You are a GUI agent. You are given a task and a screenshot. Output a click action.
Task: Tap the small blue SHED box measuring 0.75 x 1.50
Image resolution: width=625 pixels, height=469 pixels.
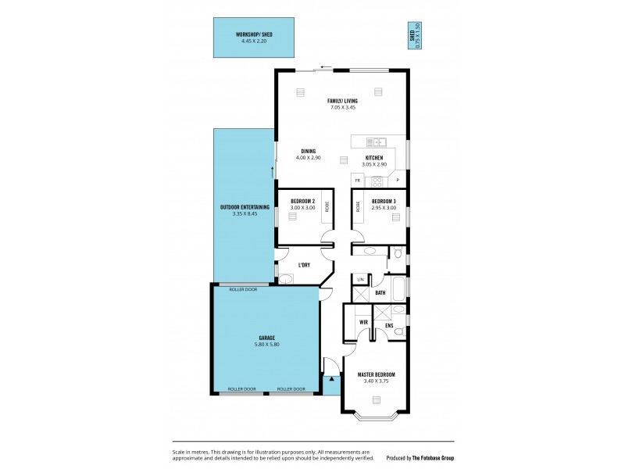tap(413, 36)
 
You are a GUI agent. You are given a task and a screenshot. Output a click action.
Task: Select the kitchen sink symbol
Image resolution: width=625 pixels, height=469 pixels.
tap(376, 141)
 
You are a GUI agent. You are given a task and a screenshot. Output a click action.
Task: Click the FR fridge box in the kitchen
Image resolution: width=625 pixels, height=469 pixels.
tap(357, 181)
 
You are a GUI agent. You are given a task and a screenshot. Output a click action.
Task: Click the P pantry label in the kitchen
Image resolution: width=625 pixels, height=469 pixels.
tap(398, 181)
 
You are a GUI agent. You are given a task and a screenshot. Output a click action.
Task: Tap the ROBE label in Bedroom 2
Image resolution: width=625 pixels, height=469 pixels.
tap(327, 207)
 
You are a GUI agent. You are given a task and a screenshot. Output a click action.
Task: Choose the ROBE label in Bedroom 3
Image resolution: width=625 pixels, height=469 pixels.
tap(359, 207)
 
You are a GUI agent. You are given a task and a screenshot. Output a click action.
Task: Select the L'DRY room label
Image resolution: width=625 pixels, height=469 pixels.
tap(304, 265)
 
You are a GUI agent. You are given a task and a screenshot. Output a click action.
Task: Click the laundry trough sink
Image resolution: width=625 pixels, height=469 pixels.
tap(285, 278)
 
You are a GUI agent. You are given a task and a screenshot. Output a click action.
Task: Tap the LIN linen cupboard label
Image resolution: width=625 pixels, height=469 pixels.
tap(361, 279)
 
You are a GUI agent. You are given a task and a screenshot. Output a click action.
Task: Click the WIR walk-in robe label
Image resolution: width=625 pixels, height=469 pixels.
tap(363, 321)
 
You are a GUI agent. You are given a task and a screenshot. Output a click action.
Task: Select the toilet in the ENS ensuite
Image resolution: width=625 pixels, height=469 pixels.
tap(399, 331)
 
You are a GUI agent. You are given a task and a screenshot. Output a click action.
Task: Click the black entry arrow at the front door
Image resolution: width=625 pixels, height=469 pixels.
tap(331, 378)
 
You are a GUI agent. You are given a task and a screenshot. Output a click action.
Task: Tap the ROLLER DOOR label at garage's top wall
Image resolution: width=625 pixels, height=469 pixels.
tap(243, 289)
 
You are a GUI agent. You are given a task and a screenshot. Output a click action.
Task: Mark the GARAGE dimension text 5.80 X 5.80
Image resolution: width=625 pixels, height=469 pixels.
tap(265, 344)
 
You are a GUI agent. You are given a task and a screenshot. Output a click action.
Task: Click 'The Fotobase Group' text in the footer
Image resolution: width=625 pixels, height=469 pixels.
tap(433, 458)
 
